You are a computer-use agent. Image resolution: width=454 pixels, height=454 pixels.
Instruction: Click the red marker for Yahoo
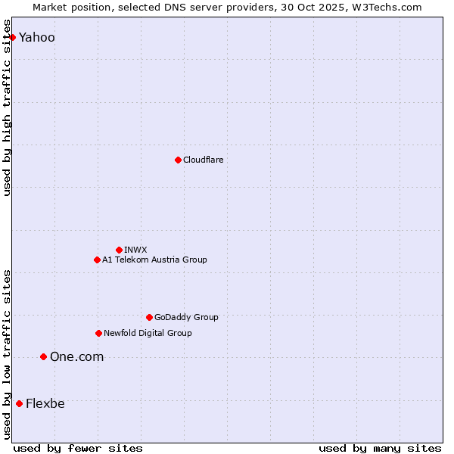tap(12, 37)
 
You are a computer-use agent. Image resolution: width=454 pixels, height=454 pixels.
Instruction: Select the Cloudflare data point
tap(178, 160)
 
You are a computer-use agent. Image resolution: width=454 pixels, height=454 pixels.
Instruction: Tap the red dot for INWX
tap(119, 250)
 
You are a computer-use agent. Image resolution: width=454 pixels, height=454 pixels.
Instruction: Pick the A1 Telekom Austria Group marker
tap(97, 260)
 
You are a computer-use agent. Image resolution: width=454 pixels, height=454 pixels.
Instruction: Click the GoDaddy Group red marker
tap(149, 317)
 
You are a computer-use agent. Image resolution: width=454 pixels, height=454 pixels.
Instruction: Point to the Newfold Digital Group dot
tap(98, 333)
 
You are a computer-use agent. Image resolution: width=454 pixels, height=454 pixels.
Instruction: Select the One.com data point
tap(43, 356)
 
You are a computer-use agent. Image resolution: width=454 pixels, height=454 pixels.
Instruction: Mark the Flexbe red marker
tap(19, 403)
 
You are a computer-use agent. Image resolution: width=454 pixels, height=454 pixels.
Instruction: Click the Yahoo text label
tap(37, 37)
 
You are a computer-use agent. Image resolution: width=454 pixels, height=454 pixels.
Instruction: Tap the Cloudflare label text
tap(203, 160)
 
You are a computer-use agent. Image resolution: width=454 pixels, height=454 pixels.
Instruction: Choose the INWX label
tap(135, 250)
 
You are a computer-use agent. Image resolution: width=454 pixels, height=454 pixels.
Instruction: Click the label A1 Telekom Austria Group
tap(154, 260)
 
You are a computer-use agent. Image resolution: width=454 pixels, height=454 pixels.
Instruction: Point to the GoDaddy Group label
tap(186, 317)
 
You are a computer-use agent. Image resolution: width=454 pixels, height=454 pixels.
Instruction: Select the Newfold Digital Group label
tap(148, 333)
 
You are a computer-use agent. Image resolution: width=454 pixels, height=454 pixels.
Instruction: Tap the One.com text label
tap(76, 356)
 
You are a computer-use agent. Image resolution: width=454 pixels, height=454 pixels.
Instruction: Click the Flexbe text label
tap(45, 403)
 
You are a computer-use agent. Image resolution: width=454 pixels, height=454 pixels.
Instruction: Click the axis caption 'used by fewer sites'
tap(78, 448)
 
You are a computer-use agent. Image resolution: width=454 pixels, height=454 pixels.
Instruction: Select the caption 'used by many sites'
tap(380, 448)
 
